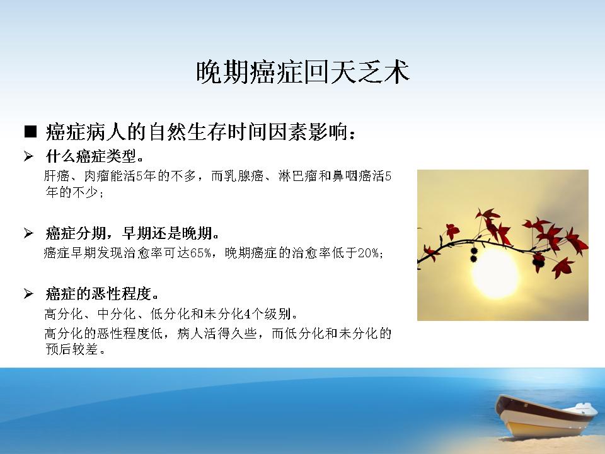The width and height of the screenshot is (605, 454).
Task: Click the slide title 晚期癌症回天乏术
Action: (x=303, y=72)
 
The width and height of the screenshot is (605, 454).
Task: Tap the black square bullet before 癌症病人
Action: (x=30, y=132)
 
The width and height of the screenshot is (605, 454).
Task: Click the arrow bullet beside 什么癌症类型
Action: (x=28, y=156)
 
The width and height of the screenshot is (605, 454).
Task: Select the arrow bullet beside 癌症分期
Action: (x=28, y=233)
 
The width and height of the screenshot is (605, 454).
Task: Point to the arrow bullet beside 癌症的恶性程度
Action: (x=28, y=294)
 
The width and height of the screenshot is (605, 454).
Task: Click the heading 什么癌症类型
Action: (x=95, y=156)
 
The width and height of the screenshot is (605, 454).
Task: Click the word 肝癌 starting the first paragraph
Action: (x=57, y=176)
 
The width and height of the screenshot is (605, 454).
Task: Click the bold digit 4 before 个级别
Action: (x=247, y=314)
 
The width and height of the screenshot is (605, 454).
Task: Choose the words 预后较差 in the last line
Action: (x=71, y=349)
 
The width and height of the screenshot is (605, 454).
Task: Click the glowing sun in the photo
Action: (x=495, y=273)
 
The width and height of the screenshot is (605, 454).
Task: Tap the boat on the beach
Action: (x=546, y=417)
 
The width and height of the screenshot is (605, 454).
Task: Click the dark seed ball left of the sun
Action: (x=474, y=255)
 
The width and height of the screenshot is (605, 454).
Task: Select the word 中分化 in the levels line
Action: (x=117, y=314)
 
